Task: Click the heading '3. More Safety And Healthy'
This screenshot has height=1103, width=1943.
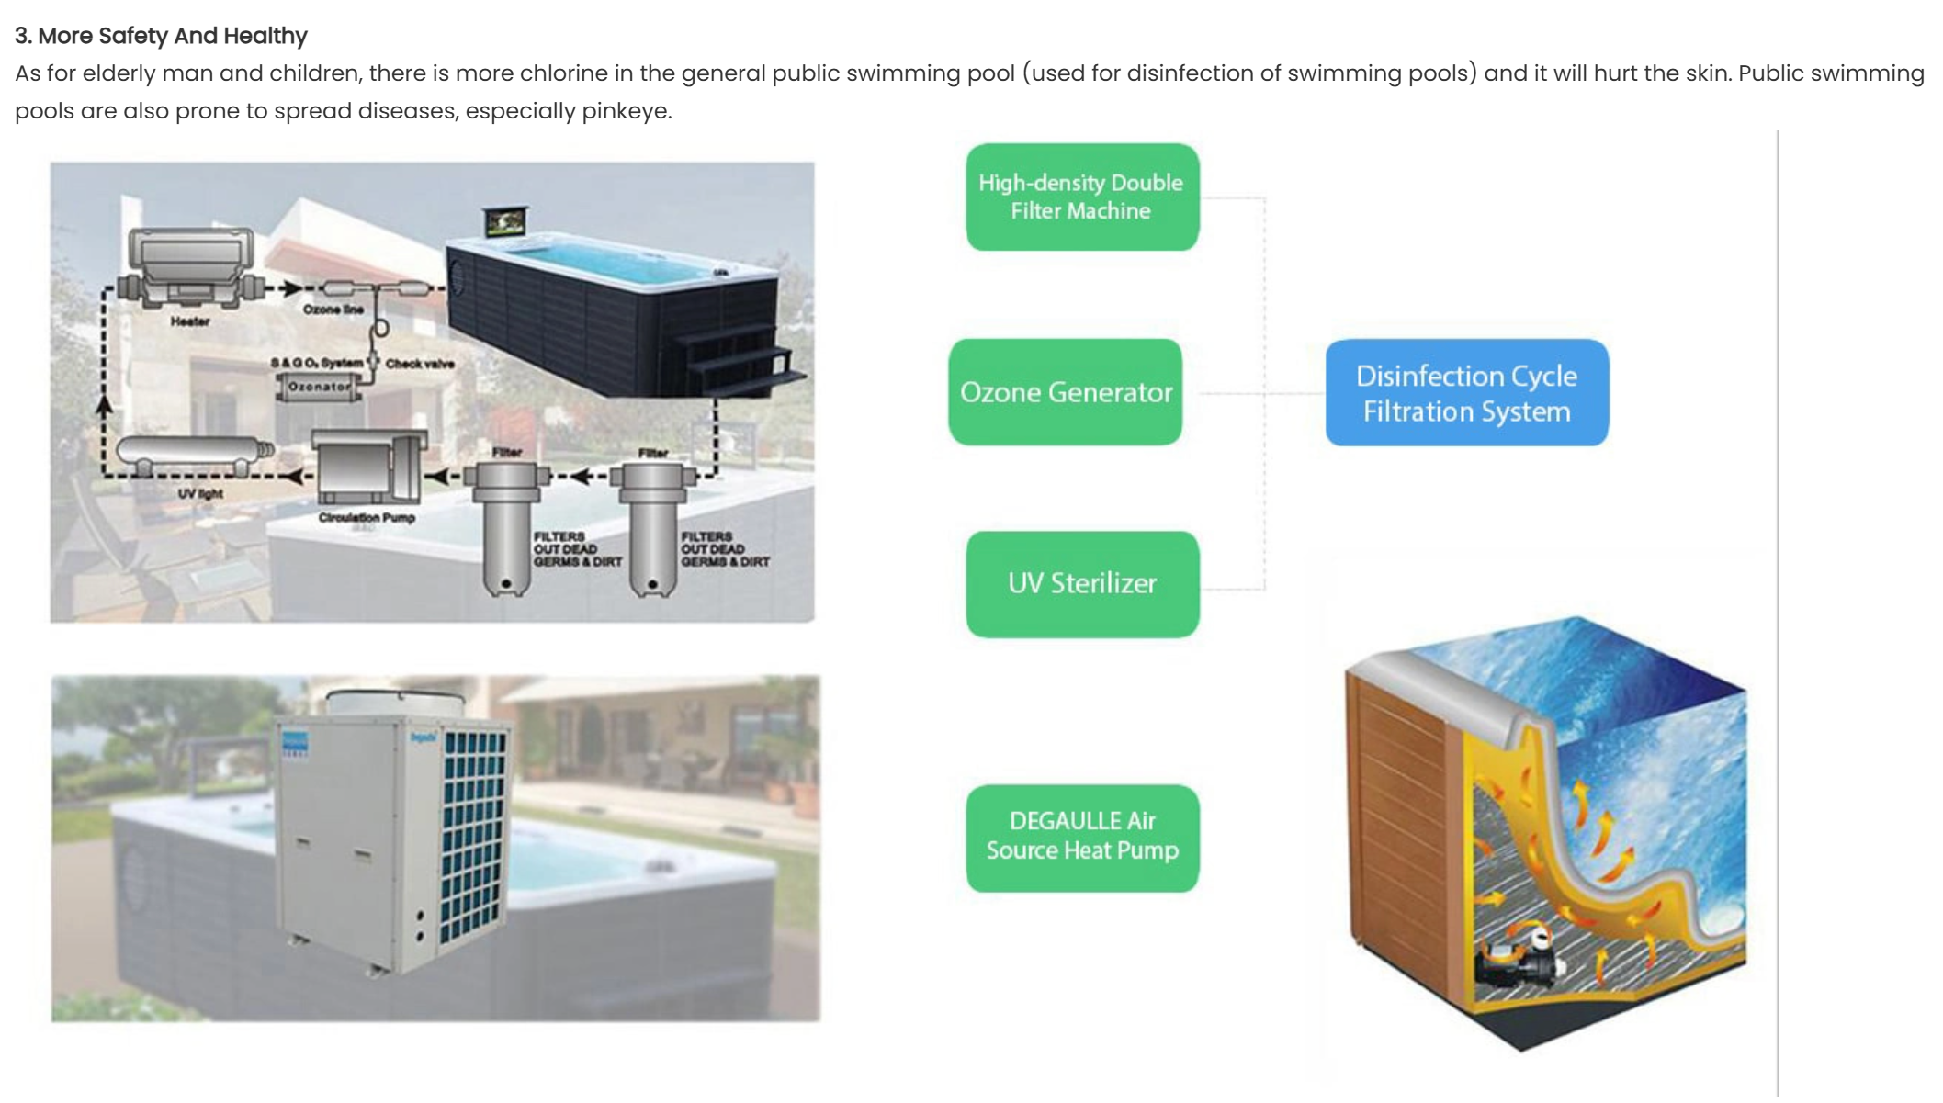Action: click(x=161, y=36)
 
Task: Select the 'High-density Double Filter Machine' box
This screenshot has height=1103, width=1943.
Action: click(x=1081, y=197)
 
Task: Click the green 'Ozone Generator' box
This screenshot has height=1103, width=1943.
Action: click(x=1065, y=392)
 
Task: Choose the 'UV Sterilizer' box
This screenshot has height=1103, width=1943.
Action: click(x=1081, y=583)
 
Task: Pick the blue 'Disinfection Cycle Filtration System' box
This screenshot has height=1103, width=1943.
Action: click(x=1465, y=393)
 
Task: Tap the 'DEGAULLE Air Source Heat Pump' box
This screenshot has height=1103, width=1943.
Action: click(x=1081, y=837)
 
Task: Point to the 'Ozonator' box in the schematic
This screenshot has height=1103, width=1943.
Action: click(x=318, y=387)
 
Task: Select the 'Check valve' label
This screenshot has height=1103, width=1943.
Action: click(x=419, y=364)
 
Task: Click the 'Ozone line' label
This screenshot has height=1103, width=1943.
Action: click(x=333, y=310)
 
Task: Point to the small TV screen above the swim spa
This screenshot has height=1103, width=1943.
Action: click(x=505, y=221)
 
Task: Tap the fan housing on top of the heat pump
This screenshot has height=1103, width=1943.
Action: click(x=395, y=703)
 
